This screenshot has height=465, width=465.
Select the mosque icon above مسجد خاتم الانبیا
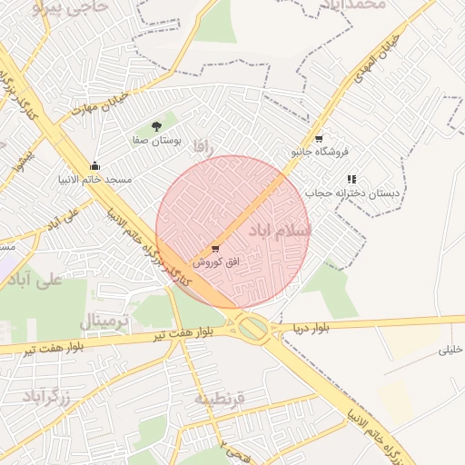coord(95,165)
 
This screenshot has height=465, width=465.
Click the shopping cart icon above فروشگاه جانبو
coord(319,138)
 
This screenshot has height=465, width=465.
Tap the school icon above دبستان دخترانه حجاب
coord(351,179)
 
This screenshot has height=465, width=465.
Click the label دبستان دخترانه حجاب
coord(358,193)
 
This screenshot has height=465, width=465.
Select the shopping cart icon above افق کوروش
coord(215,247)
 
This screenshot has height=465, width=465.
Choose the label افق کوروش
coord(216,262)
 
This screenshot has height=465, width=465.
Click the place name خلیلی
coord(451,349)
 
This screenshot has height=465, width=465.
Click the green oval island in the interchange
coord(256,328)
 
